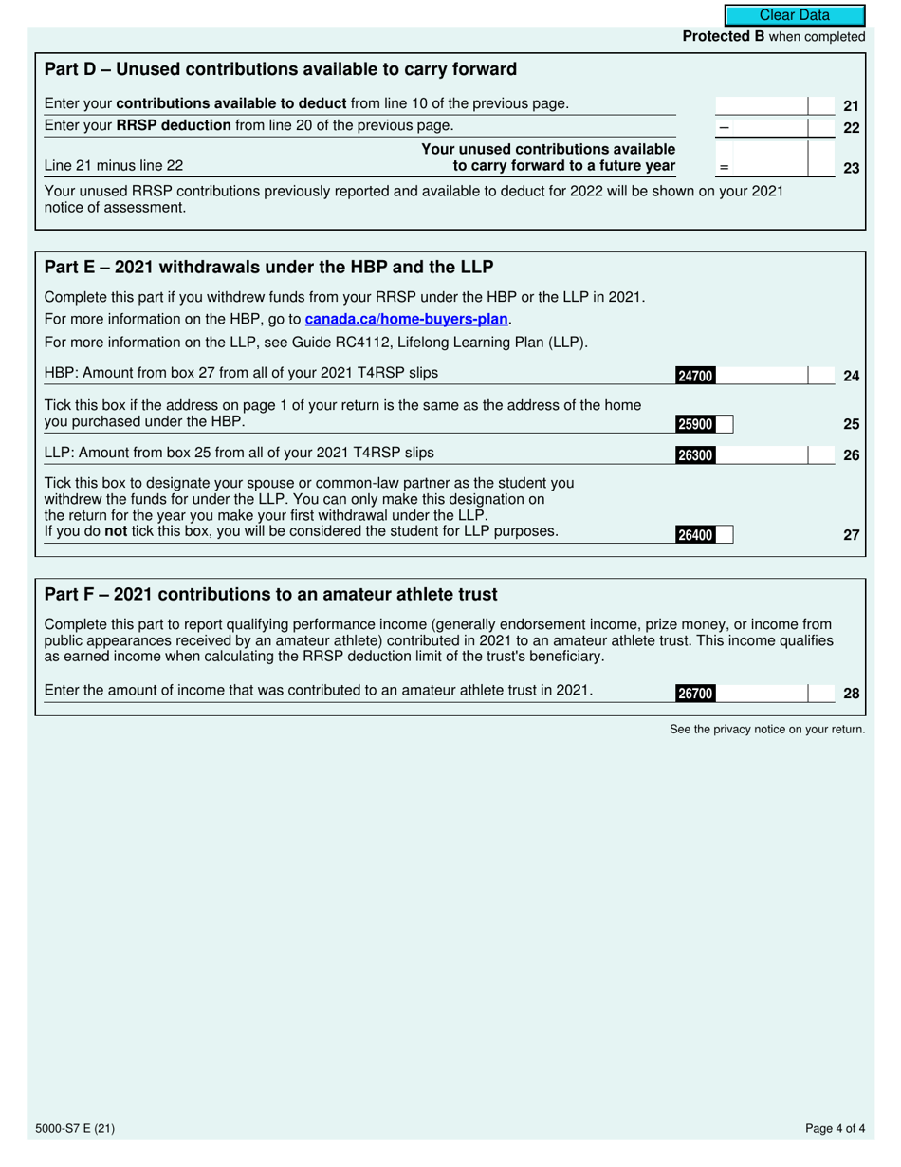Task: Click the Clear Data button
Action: (x=795, y=15)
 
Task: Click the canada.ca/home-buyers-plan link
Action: (x=407, y=320)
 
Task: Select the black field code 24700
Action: (x=694, y=377)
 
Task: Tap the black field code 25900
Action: (x=694, y=425)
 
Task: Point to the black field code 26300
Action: (x=694, y=455)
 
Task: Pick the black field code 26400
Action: (x=694, y=535)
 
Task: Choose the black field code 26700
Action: (x=694, y=694)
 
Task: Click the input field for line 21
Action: (x=761, y=106)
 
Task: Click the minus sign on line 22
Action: (x=725, y=127)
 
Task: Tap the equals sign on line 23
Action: (x=725, y=168)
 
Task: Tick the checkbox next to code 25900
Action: (x=725, y=425)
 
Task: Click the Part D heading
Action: (x=281, y=69)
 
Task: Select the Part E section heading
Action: (x=268, y=266)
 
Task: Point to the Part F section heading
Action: (x=270, y=594)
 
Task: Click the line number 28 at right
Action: (x=851, y=694)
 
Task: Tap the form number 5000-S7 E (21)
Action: (x=81, y=1129)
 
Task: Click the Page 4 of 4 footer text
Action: (x=835, y=1129)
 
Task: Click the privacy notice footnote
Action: (x=767, y=729)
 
